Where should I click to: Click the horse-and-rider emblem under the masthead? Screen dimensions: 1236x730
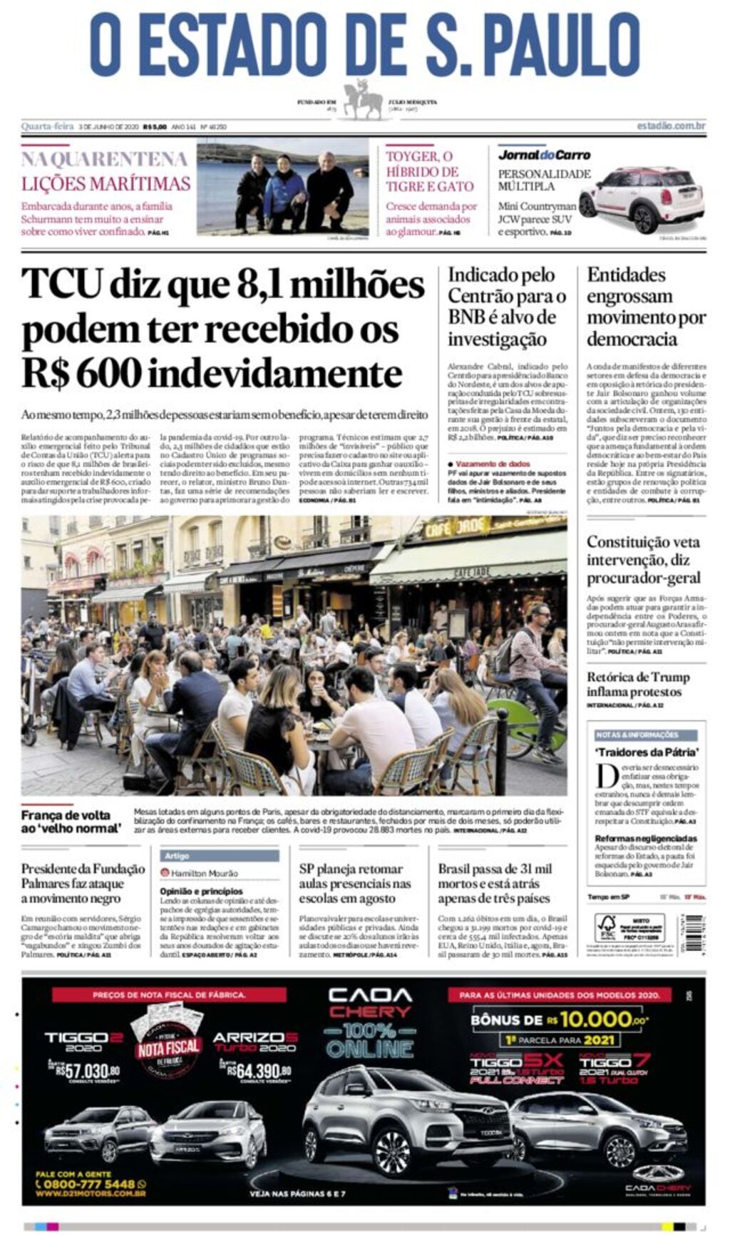[364, 101]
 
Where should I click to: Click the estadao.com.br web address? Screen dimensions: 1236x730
[671, 126]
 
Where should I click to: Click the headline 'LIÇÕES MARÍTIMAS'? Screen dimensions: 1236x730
[106, 184]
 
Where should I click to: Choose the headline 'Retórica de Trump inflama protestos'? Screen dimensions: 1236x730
[638, 684]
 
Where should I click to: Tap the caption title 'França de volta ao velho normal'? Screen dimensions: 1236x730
[71, 822]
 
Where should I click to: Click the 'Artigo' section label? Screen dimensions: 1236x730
[178, 855]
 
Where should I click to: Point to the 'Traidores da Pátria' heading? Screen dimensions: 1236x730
[647, 752]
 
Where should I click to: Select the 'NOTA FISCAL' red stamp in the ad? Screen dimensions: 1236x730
[168, 1048]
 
